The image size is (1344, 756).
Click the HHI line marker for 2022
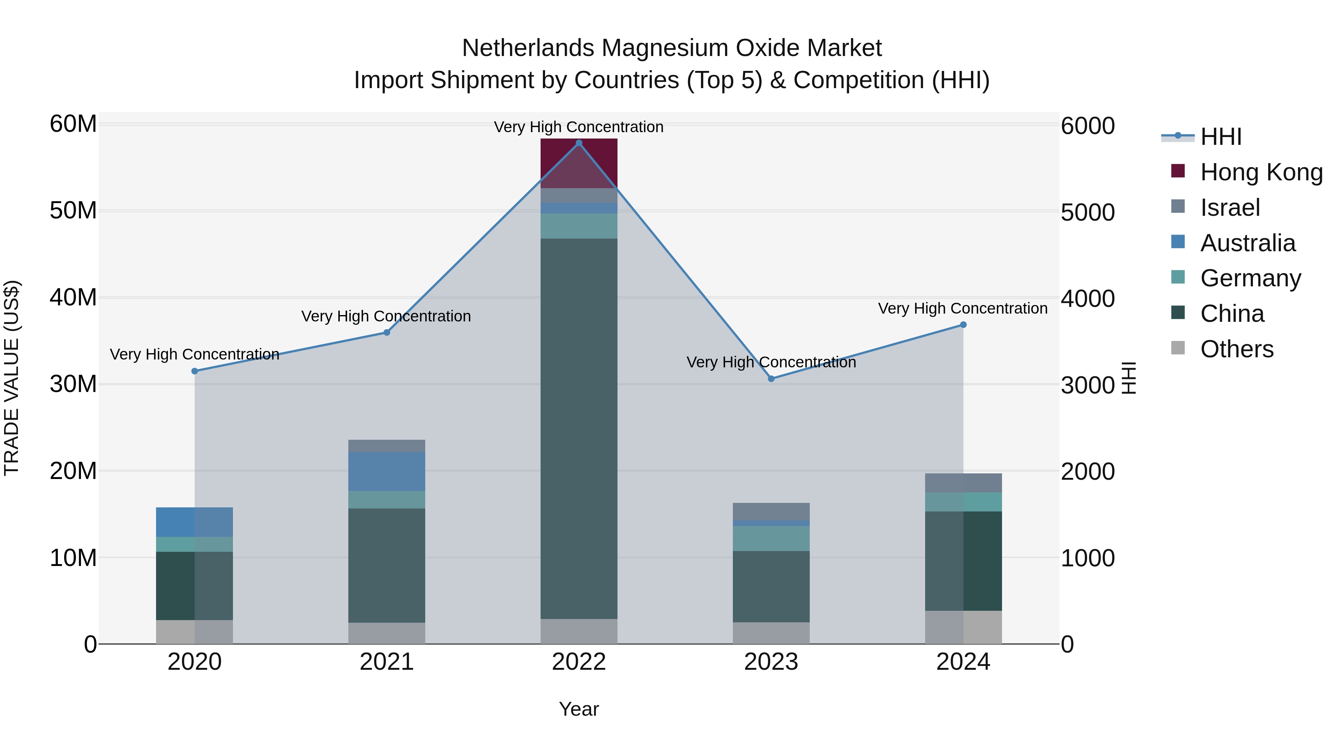click(579, 143)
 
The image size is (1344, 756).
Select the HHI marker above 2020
click(195, 371)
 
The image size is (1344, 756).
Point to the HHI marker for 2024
click(963, 324)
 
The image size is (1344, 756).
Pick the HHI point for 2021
click(387, 332)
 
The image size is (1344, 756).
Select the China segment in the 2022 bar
click(579, 428)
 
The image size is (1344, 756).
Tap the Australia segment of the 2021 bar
click(387, 471)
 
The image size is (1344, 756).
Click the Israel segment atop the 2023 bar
click(771, 511)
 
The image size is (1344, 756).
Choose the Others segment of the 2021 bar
click(387, 633)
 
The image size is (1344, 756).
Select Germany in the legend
click(1250, 278)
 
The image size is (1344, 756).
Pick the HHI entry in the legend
click(1220, 137)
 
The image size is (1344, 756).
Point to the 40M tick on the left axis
click(74, 298)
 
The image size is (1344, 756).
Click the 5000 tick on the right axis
click(1088, 212)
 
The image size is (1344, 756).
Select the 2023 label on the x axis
click(771, 662)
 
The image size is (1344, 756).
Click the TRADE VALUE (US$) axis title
click(12, 378)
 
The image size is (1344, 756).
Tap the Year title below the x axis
click(579, 709)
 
